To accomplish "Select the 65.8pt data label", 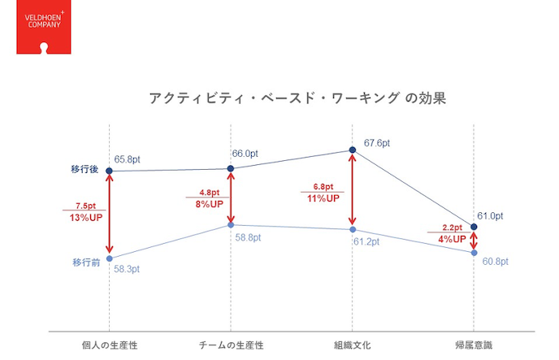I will [128, 160].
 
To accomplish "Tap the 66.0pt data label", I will [245, 153].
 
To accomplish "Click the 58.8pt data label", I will [249, 237].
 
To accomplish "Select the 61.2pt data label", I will [366, 242].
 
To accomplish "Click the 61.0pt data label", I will [491, 215].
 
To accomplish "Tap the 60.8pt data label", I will [495, 261].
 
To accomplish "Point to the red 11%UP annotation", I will [323, 198].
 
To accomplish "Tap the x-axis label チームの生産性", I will [231, 345].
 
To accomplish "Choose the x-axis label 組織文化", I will [353, 345].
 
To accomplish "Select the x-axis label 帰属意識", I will [474, 345].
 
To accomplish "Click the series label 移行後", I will [85, 171].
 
